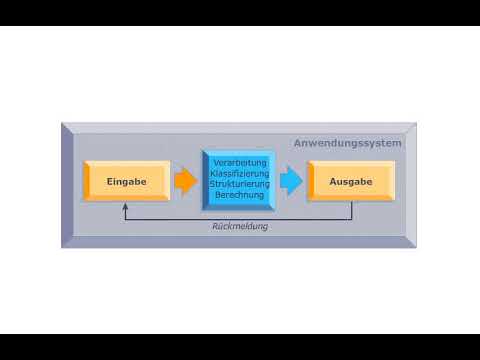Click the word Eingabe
[127, 182]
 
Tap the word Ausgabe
[351, 182]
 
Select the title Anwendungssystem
[347, 143]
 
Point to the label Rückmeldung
[240, 226]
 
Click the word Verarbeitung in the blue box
[239, 162]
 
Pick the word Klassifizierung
[239, 173]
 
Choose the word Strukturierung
[239, 184]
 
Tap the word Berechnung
[239, 195]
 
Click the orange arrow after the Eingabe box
[185, 181]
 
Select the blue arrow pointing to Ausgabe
[290, 181]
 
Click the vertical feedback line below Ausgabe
[352, 211]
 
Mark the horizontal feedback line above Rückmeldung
[240, 218]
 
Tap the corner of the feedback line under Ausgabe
[352, 218]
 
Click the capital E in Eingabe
[110, 182]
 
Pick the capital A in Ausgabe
[333, 182]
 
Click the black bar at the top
[240, 12]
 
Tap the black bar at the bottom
[240, 347]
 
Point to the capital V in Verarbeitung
[214, 162]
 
